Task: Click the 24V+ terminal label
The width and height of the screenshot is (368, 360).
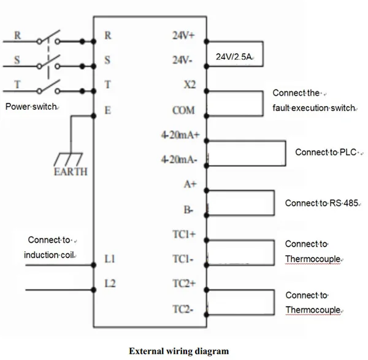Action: click(x=183, y=36)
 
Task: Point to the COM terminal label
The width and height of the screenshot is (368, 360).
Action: click(x=185, y=111)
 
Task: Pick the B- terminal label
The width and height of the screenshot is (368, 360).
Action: click(x=188, y=210)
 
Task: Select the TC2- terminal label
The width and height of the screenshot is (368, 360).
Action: click(x=184, y=308)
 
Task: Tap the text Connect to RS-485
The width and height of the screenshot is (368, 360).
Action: click(x=321, y=202)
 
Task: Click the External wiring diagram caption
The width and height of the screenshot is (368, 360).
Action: click(x=178, y=351)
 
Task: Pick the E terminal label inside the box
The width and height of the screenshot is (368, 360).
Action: click(x=108, y=111)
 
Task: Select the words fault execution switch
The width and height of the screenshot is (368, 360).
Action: click(x=314, y=108)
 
